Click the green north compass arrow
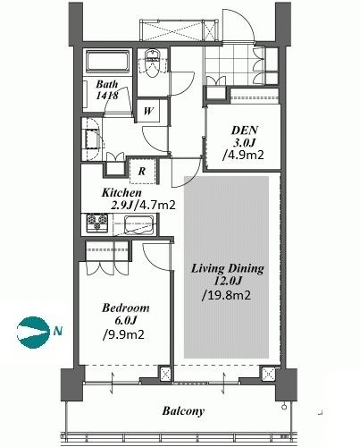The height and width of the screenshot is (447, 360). (33, 332)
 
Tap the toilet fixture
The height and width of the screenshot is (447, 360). (153, 63)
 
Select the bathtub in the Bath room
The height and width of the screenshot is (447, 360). (107, 62)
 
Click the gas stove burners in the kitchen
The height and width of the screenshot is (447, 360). (97, 223)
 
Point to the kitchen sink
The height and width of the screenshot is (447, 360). (139, 224)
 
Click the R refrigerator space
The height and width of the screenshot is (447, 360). (143, 171)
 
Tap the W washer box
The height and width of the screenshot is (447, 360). (148, 111)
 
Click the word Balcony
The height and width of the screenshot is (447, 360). (183, 411)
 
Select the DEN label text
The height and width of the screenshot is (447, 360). (245, 131)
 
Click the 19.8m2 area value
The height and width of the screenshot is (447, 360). (227, 295)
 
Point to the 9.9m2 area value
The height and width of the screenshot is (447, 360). (123, 334)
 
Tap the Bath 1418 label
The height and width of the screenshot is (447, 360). (107, 89)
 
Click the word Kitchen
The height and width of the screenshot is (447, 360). (121, 192)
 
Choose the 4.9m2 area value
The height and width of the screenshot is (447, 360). (243, 155)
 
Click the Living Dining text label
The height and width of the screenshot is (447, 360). (228, 268)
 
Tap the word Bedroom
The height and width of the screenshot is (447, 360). (126, 308)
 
